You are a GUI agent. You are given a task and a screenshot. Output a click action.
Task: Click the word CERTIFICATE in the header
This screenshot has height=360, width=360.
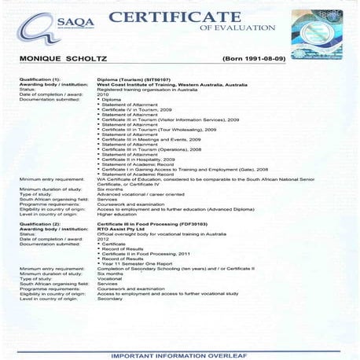175,18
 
